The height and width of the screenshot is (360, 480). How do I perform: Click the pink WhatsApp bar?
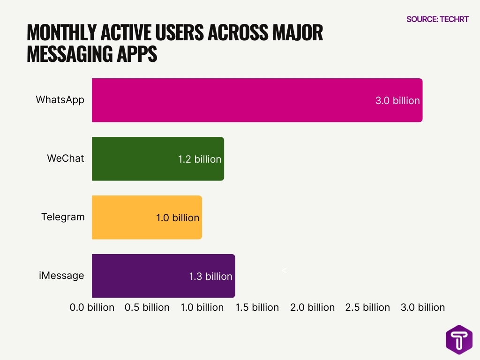[x=234, y=100]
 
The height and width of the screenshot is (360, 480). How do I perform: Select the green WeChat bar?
[x=136, y=159]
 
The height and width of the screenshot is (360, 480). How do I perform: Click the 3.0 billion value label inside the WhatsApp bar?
[x=397, y=101]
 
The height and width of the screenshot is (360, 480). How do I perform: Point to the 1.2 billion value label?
[x=199, y=159]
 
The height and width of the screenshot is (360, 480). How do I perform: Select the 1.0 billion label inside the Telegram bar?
[x=178, y=218]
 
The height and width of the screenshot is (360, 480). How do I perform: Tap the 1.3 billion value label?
[x=210, y=277]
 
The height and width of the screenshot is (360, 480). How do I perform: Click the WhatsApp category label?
[x=60, y=100]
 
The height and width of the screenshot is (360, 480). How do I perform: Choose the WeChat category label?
[x=66, y=158]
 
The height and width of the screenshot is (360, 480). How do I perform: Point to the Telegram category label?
[x=63, y=217]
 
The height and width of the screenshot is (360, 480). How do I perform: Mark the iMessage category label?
[x=61, y=276]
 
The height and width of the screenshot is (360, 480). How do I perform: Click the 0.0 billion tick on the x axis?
[x=92, y=307]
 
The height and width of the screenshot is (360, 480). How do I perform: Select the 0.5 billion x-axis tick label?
[x=147, y=307]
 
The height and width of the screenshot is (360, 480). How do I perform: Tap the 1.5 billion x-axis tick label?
[x=257, y=307]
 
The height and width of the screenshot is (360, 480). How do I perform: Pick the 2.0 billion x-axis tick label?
[x=312, y=307]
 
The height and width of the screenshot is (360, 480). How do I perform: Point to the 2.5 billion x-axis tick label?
[x=367, y=307]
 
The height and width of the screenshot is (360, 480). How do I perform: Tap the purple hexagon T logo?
[x=459, y=340]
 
